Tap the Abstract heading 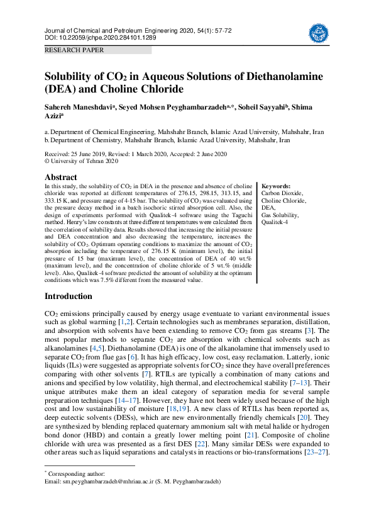tap(61, 178)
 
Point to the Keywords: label tap(276, 186)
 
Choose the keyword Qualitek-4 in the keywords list tap(275, 222)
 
